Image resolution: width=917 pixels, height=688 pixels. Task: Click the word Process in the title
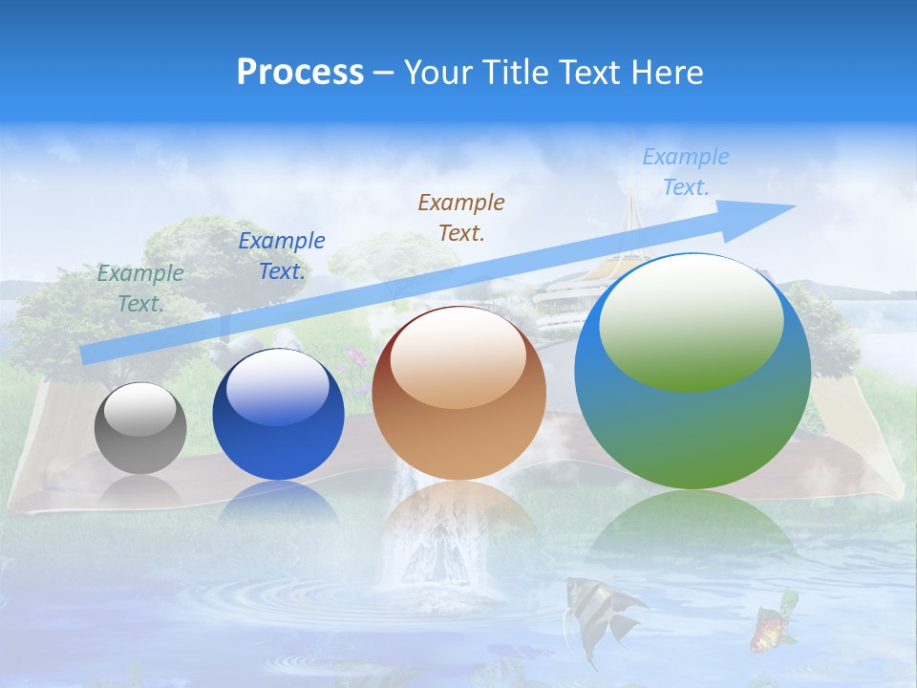(x=300, y=73)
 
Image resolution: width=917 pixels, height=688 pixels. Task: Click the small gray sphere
(x=140, y=428)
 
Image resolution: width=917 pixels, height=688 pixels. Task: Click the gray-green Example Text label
(x=140, y=289)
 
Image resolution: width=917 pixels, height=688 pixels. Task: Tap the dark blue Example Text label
(x=282, y=256)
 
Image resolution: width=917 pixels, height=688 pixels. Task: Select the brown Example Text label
(x=461, y=217)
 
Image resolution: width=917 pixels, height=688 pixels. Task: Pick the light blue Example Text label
(x=686, y=172)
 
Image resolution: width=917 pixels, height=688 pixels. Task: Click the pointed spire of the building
(x=631, y=205)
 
